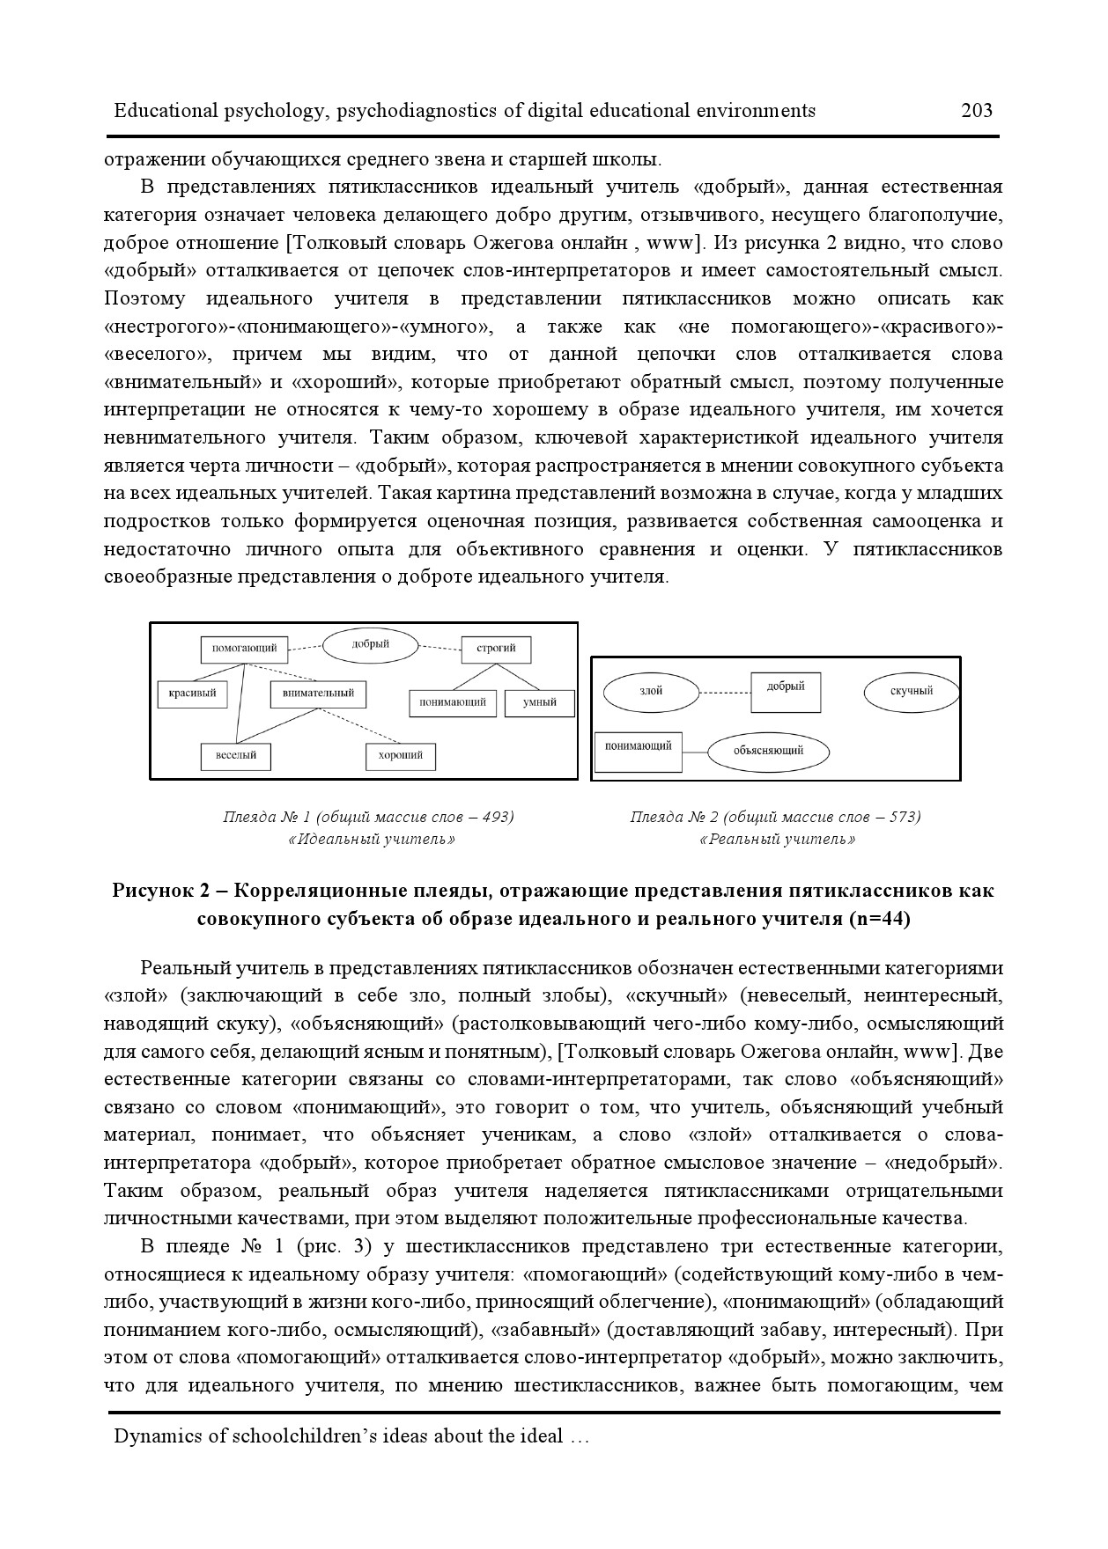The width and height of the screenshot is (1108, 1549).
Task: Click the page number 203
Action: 977,110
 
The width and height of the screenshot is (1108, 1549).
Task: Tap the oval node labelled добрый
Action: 370,645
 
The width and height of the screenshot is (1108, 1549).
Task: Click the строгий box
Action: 496,650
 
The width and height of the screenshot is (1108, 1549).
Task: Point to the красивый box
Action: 192,694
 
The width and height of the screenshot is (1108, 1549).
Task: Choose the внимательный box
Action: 318,694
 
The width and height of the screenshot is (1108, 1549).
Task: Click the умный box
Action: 539,702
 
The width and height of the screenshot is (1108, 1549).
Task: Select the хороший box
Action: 401,755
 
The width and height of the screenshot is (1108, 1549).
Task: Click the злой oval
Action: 651,692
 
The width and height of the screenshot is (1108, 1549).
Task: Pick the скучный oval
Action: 911,692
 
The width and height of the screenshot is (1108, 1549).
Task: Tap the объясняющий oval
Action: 768,752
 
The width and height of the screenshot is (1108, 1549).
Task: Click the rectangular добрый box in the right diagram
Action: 786,691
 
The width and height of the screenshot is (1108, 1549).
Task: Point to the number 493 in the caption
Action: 496,817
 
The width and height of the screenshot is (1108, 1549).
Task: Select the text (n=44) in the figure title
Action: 879,920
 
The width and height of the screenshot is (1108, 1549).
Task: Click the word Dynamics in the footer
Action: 156,1436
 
